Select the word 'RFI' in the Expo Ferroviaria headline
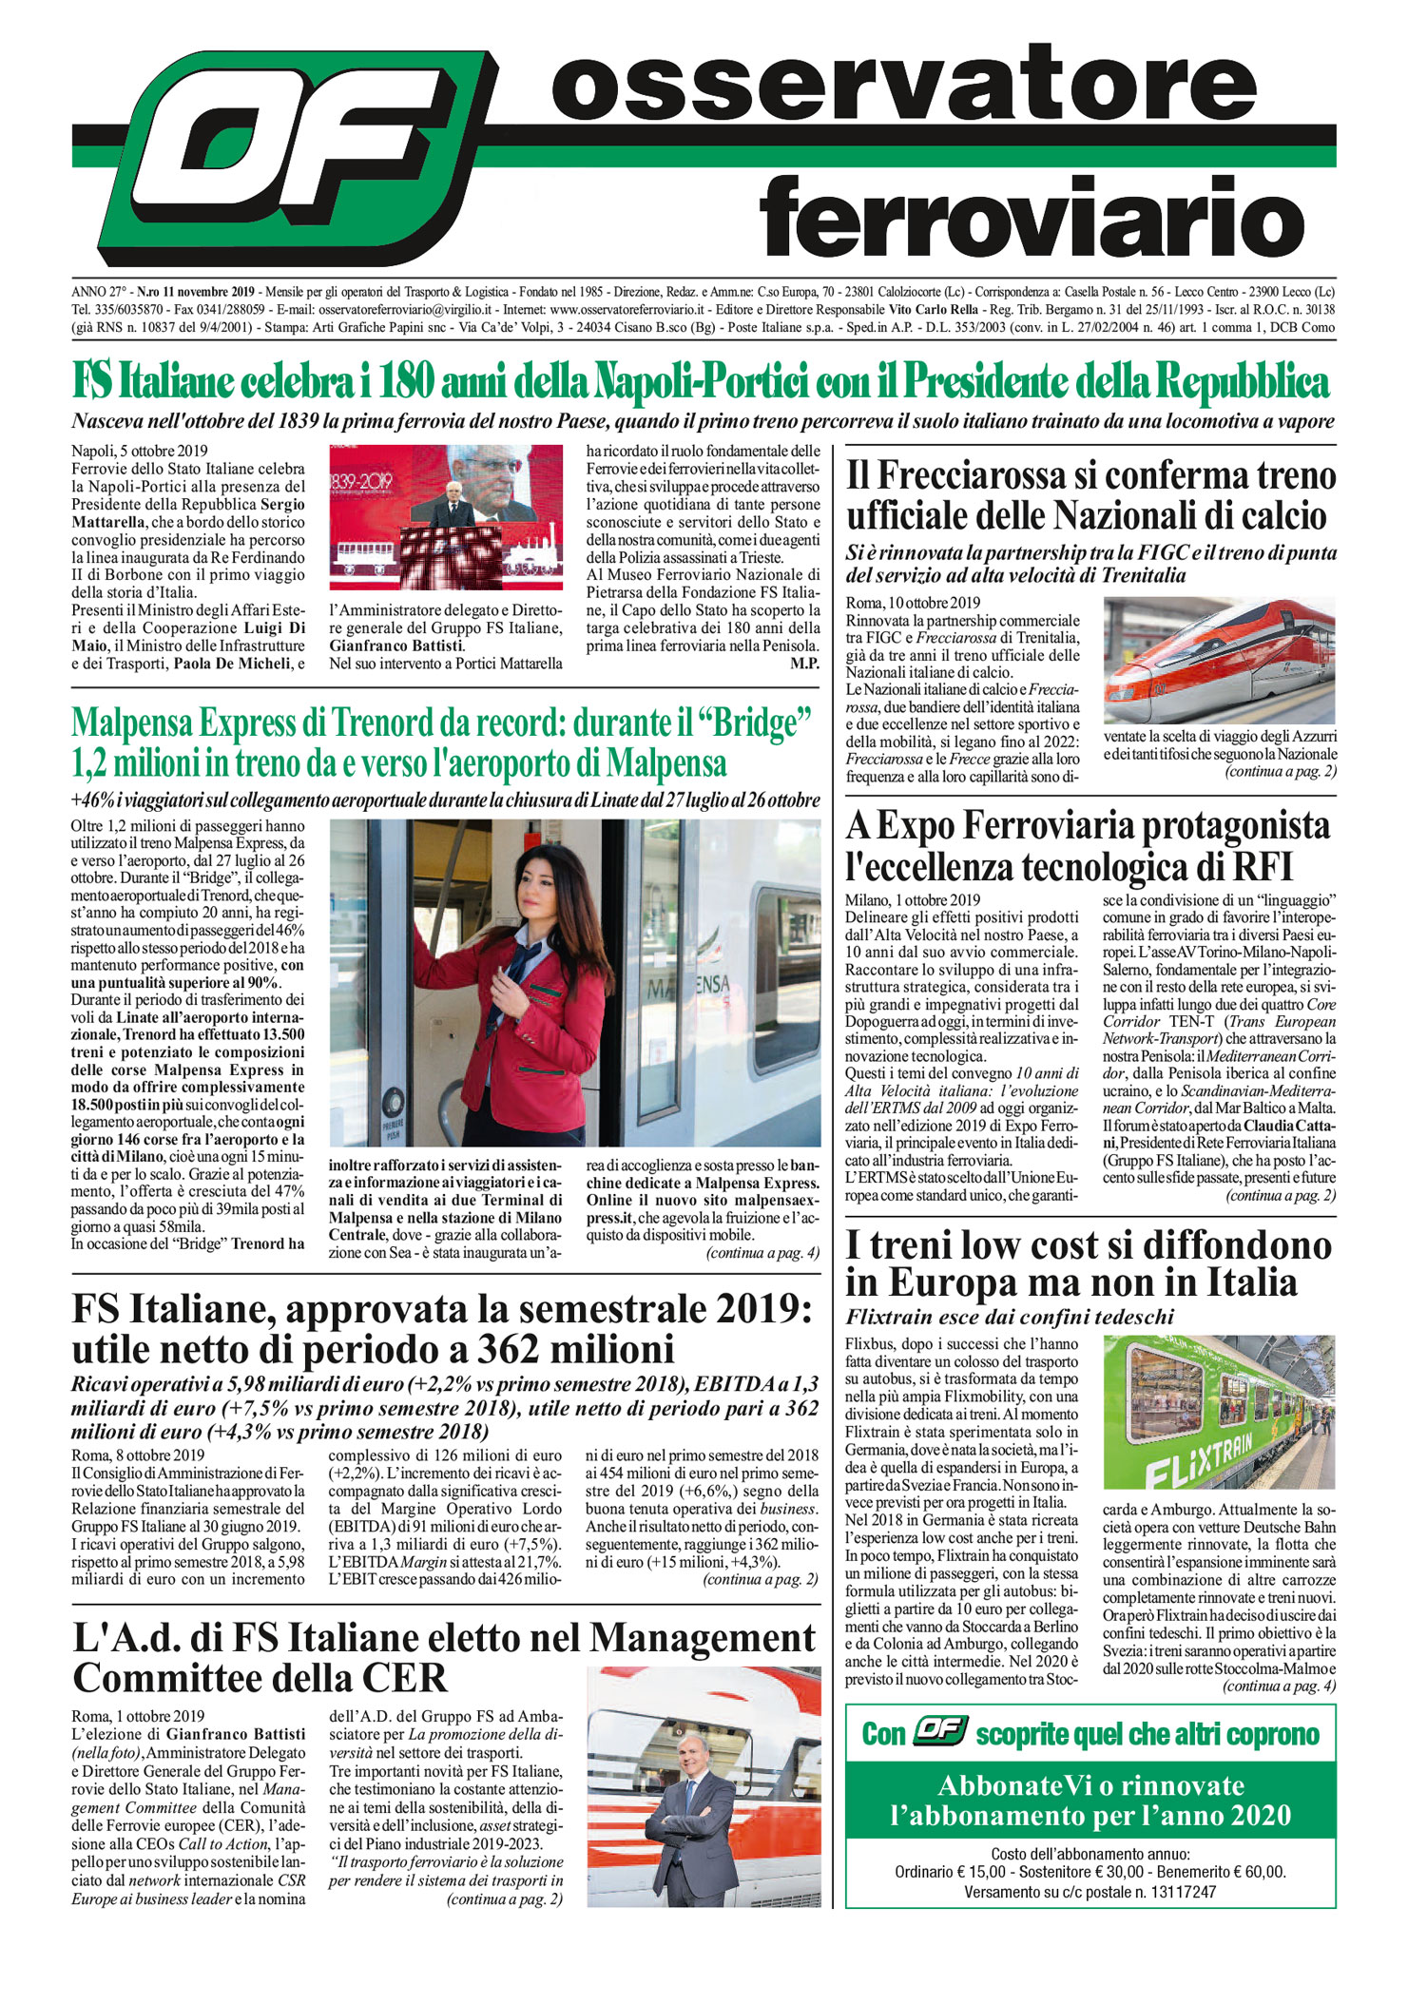[1262, 867]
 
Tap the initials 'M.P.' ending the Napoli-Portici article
[803, 664]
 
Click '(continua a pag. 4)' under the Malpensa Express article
[762, 1253]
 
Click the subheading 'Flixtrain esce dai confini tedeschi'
[1010, 1317]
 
